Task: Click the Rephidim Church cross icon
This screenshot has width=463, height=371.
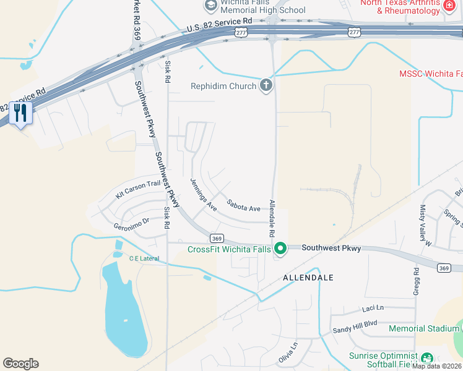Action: (x=266, y=85)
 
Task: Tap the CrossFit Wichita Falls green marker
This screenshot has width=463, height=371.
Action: (x=280, y=249)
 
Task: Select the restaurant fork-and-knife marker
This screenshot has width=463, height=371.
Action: (x=21, y=113)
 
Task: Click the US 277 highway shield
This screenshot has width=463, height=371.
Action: (x=354, y=31)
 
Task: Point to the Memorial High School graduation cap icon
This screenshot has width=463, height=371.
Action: (x=210, y=6)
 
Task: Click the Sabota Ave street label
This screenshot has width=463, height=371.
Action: (x=243, y=205)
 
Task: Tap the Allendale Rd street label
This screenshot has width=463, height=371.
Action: (x=271, y=219)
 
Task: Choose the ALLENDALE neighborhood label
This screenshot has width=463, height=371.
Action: (x=308, y=278)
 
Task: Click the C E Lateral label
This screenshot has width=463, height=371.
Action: (x=144, y=258)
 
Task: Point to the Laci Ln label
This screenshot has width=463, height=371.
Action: (x=373, y=308)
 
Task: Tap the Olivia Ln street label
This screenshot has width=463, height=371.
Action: (x=288, y=352)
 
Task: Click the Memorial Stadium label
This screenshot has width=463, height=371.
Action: (x=425, y=328)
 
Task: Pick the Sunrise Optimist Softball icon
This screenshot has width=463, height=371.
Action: (x=426, y=358)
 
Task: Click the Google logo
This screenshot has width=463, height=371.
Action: (x=20, y=364)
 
